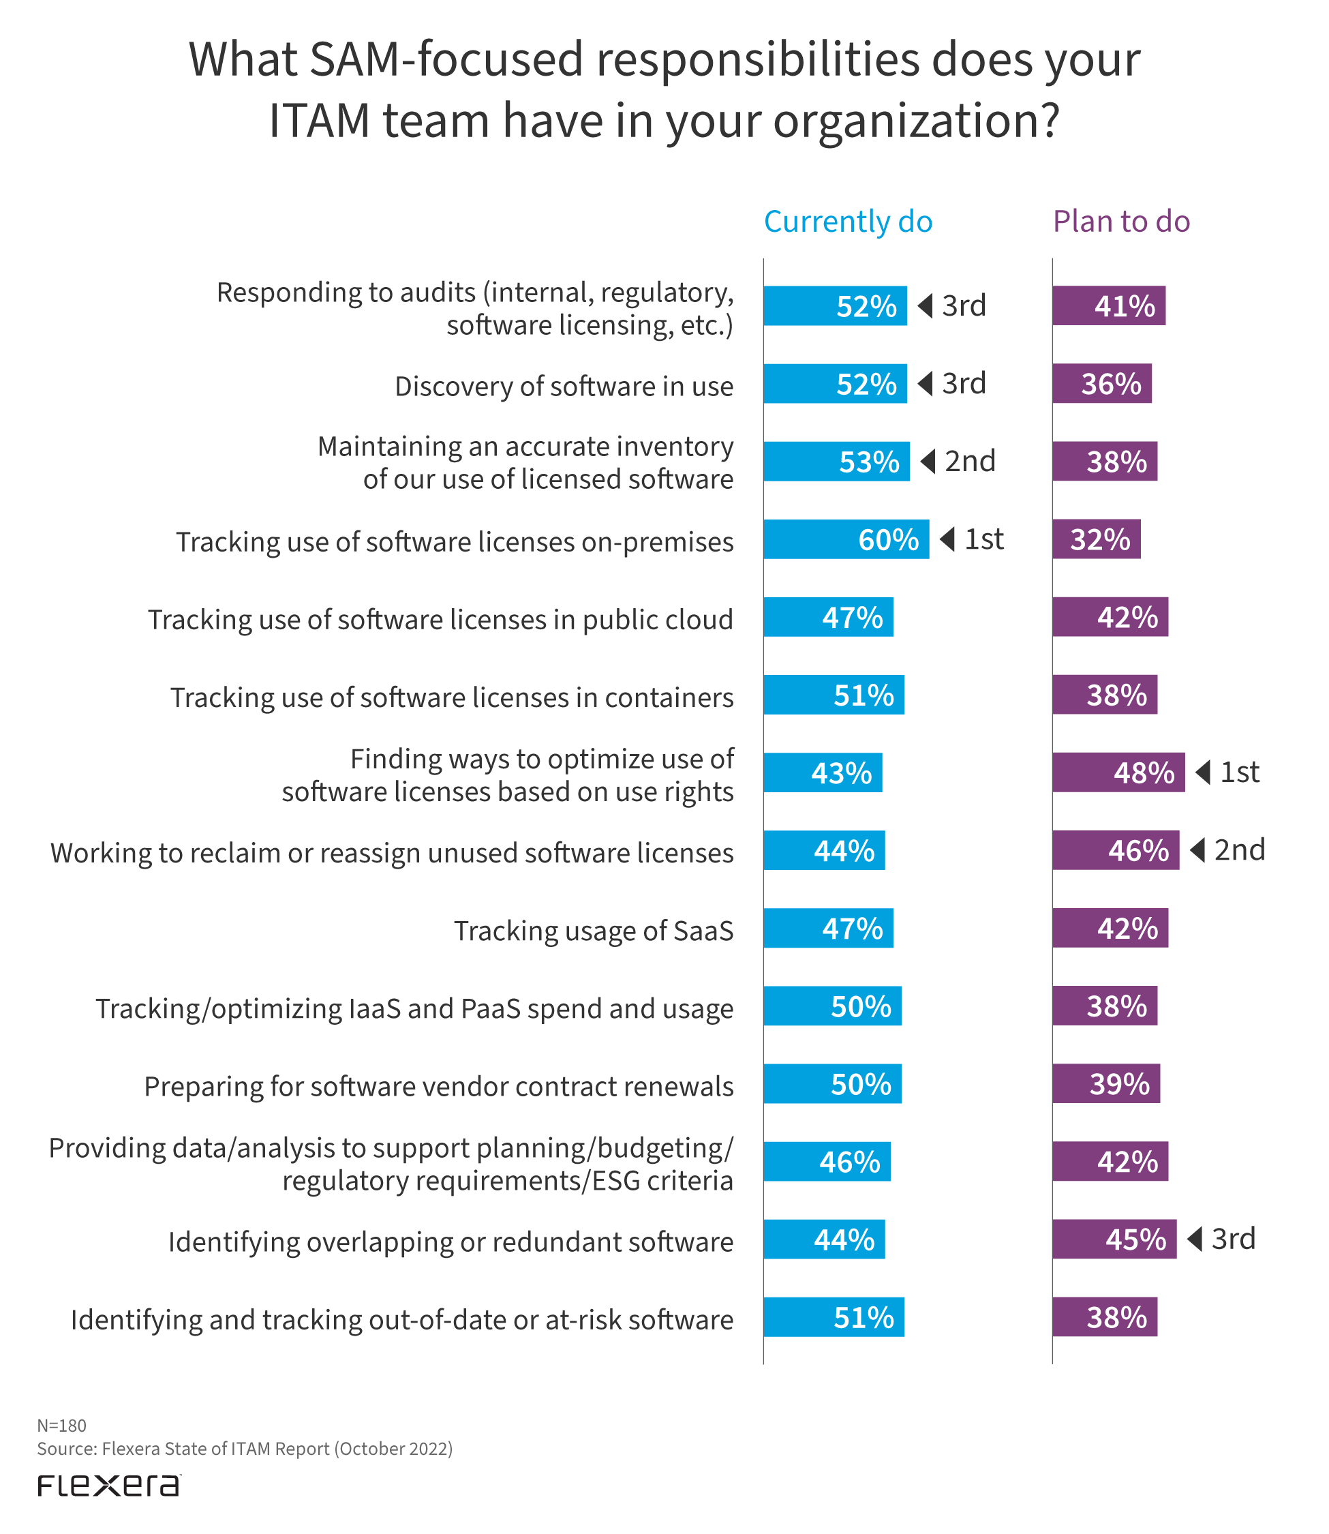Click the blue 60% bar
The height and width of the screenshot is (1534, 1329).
tap(846, 539)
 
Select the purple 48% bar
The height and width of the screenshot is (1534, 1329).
tap(1118, 772)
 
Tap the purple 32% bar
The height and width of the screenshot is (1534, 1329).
tap(1096, 539)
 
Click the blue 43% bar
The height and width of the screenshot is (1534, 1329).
tap(823, 772)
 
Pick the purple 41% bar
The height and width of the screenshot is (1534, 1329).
tap(1108, 305)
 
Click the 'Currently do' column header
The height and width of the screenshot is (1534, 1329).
tap(848, 222)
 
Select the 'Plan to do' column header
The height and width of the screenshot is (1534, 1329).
tap(1120, 222)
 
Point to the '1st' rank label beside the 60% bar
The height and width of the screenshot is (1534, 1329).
tap(983, 539)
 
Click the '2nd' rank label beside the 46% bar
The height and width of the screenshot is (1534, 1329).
tap(1239, 850)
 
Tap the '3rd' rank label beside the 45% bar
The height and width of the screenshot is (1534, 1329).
tap(1233, 1239)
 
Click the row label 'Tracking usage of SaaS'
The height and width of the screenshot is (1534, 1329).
tap(594, 930)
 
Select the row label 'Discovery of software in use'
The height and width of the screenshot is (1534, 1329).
tap(564, 387)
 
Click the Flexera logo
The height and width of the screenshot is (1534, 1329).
tap(109, 1486)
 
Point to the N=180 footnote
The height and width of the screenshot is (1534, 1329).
tap(61, 1426)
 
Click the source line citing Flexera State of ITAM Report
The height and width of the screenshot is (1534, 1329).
tap(245, 1449)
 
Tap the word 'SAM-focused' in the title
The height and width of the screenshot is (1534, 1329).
tap(446, 59)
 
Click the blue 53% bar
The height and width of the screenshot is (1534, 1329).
tap(836, 462)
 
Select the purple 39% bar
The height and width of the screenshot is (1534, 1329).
tap(1105, 1084)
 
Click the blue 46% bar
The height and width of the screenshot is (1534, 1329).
tap(826, 1162)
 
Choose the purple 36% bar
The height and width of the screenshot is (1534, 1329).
tap(1101, 383)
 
